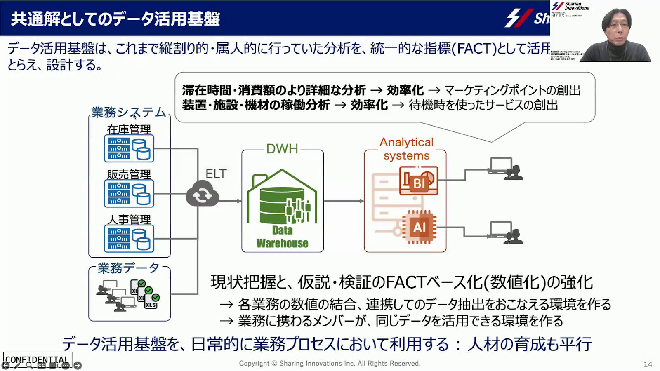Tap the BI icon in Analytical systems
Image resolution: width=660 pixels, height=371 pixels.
(x=419, y=181)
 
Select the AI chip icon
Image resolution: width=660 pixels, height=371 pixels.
(x=419, y=227)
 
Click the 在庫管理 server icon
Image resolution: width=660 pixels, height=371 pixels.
(x=129, y=148)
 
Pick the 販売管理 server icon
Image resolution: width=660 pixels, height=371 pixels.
(x=129, y=193)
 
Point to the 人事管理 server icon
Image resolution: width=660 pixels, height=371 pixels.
(x=129, y=239)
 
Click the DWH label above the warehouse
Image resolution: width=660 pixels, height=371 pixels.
(x=282, y=148)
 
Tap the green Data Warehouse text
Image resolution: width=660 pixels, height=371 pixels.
(x=282, y=237)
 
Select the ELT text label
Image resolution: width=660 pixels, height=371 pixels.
(x=216, y=174)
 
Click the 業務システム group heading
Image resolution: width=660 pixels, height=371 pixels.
(x=129, y=112)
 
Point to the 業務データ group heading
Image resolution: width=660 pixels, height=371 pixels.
(x=128, y=268)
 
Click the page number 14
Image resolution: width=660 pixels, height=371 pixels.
(x=648, y=364)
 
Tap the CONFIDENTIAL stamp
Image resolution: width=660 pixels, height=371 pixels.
(x=38, y=359)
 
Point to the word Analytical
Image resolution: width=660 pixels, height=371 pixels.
(x=406, y=142)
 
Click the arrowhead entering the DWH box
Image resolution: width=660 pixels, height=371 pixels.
(x=239, y=201)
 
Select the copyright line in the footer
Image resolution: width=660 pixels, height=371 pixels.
(x=330, y=363)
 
